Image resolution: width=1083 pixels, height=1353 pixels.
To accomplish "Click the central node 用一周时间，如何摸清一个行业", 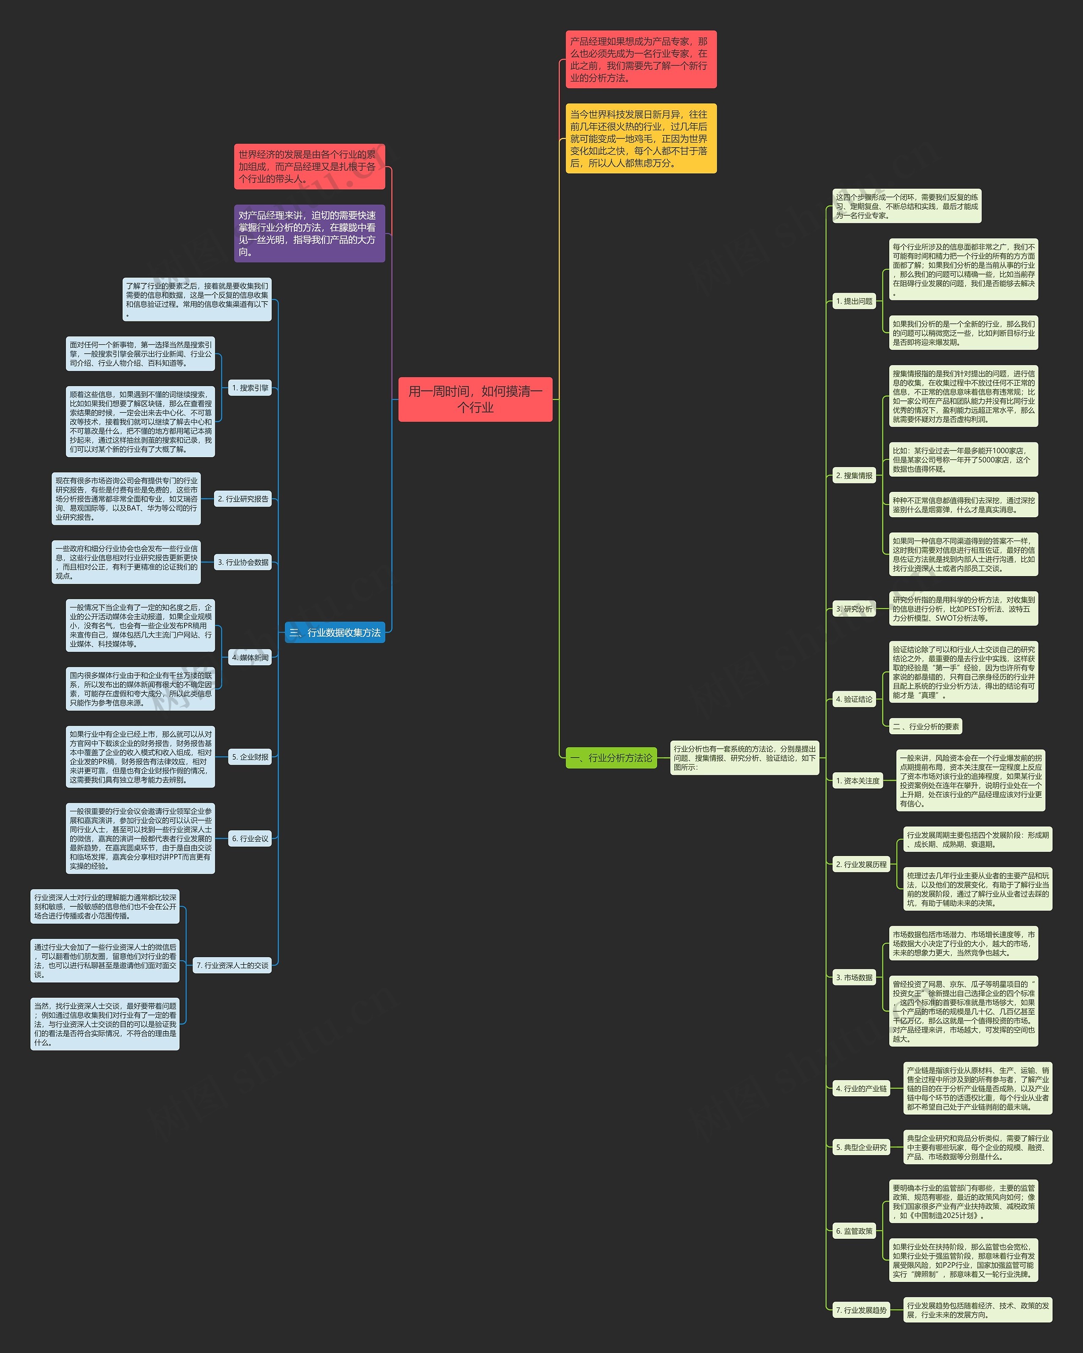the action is tap(475, 399).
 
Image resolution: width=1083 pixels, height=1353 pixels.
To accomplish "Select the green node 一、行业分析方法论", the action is tap(611, 757).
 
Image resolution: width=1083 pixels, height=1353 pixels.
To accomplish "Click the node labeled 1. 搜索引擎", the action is tap(250, 388).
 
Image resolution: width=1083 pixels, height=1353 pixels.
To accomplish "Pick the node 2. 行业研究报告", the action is tap(243, 499).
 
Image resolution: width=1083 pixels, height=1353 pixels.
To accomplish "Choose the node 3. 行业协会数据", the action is tap(243, 562).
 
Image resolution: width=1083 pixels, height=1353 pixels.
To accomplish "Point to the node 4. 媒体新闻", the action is tap(250, 658).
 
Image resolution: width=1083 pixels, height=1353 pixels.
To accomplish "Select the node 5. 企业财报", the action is tap(250, 757).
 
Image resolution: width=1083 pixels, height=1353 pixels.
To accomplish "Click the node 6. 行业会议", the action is tap(250, 838).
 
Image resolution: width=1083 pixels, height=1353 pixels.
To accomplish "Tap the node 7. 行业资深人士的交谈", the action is tap(232, 965).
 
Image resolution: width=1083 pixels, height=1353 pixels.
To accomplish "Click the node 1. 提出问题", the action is tap(854, 301).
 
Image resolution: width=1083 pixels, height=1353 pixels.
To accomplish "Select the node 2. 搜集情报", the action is tap(854, 476).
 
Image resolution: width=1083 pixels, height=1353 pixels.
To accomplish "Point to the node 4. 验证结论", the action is tap(854, 699).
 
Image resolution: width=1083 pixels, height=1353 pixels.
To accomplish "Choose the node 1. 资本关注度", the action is tap(858, 781).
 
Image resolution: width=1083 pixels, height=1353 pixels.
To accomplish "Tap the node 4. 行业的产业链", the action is tap(861, 1089).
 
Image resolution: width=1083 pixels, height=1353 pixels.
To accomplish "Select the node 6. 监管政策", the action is tap(854, 1231).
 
